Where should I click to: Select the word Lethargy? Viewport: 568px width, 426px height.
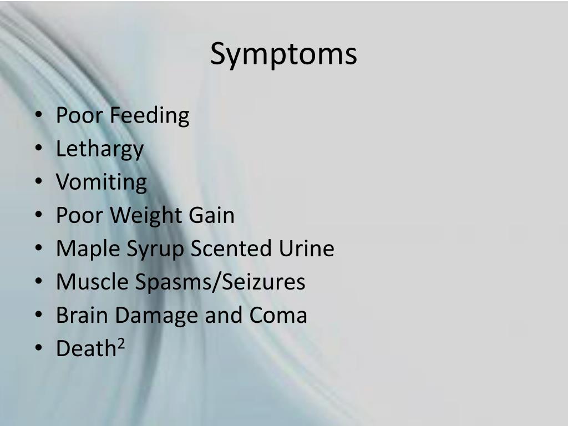100,149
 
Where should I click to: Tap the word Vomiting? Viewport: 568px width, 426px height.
102,182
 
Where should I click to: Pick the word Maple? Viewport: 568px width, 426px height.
88,249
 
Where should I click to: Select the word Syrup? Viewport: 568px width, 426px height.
155,249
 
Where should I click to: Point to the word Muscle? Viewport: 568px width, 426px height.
92,282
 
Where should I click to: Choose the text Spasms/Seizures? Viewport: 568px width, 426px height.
220,282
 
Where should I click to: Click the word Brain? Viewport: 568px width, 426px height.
82,315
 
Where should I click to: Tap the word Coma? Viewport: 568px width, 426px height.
278,315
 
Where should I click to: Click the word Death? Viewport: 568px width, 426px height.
85,348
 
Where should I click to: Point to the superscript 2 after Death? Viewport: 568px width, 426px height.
121,344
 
